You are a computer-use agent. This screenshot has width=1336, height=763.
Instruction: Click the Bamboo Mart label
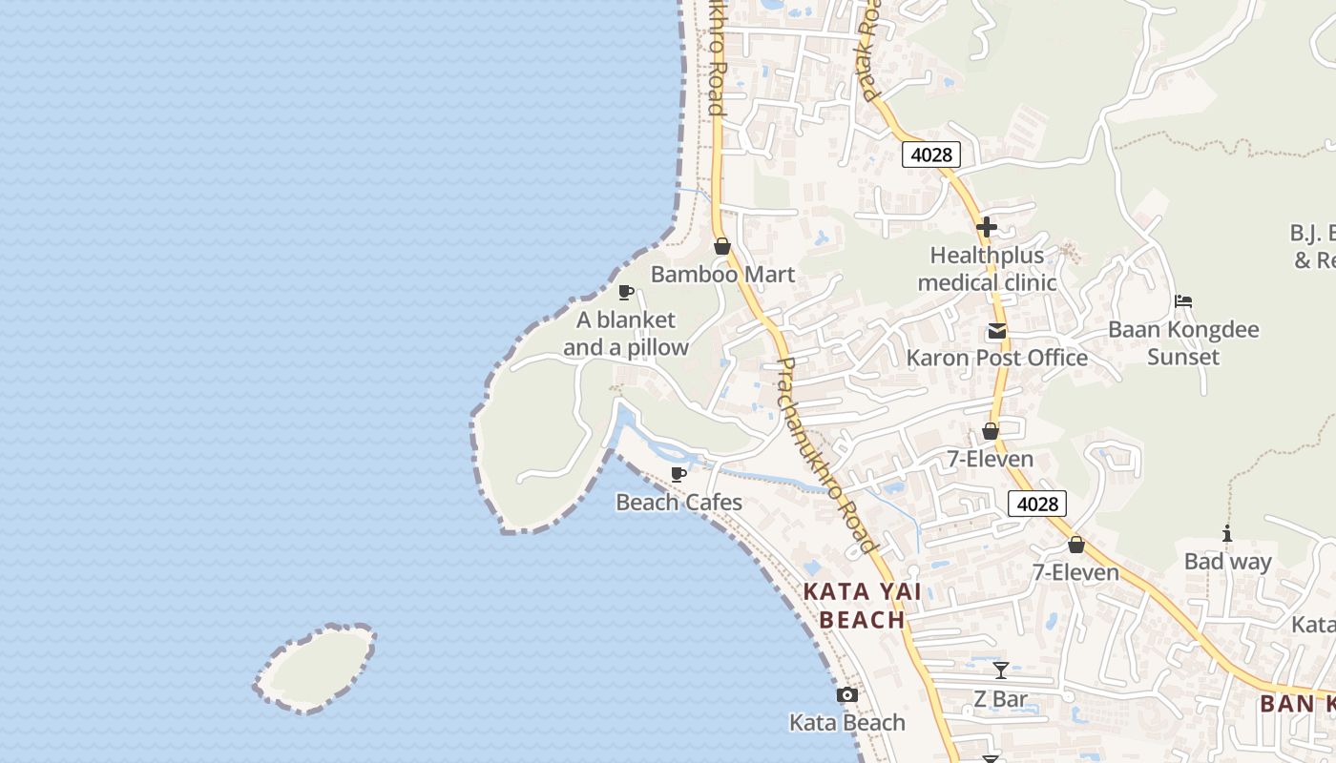point(722,275)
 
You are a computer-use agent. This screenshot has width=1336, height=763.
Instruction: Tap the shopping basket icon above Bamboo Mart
point(722,246)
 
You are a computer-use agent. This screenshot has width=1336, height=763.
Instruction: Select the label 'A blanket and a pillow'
point(625,334)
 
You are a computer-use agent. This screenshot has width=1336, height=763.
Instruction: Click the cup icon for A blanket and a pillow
point(626,292)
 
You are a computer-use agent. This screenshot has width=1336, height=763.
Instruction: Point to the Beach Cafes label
point(678,502)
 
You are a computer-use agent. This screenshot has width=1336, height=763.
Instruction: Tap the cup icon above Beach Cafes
point(678,474)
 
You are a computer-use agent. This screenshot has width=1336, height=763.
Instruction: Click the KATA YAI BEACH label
point(863,606)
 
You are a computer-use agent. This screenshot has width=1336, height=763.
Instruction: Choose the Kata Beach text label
point(847,723)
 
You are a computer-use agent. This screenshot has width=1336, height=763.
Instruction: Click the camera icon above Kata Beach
point(847,695)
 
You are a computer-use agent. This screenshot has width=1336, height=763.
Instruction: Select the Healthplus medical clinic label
point(987,269)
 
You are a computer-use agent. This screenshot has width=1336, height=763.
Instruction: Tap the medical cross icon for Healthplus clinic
point(987,227)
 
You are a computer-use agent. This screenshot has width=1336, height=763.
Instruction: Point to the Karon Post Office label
point(996,359)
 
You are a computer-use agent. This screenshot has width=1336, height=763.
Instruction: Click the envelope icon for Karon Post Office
point(997,331)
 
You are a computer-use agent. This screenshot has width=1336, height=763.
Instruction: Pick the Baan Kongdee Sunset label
point(1183,343)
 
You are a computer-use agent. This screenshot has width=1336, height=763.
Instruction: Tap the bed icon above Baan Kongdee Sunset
point(1183,301)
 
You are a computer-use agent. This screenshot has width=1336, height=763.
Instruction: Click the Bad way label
point(1227,562)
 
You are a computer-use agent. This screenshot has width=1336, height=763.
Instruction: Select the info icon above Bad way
point(1227,534)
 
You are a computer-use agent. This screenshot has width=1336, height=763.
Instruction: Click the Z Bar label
point(1000,699)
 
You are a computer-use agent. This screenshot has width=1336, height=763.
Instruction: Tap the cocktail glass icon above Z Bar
point(1000,670)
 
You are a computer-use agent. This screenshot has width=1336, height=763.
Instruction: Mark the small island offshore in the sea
point(315,668)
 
